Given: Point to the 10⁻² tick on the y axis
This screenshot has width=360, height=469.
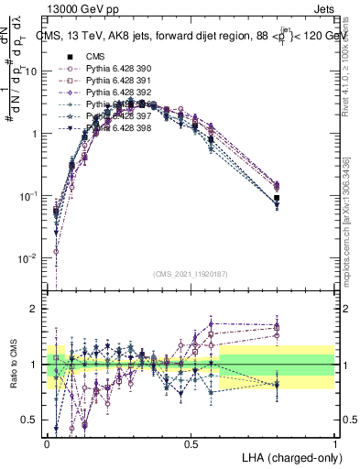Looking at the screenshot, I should pyautogui.click(x=27, y=258).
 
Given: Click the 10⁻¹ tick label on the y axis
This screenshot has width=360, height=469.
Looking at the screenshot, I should pyautogui.click(x=27, y=196).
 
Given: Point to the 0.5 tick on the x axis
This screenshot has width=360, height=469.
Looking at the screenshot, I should pyautogui.click(x=191, y=442).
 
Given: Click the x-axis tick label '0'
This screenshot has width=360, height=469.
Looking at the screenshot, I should pyautogui.click(x=48, y=442).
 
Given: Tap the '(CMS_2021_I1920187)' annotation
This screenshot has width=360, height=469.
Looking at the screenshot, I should pyautogui.click(x=191, y=274).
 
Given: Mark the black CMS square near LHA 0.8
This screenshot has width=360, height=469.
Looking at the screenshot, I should pyautogui.click(x=278, y=198).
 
